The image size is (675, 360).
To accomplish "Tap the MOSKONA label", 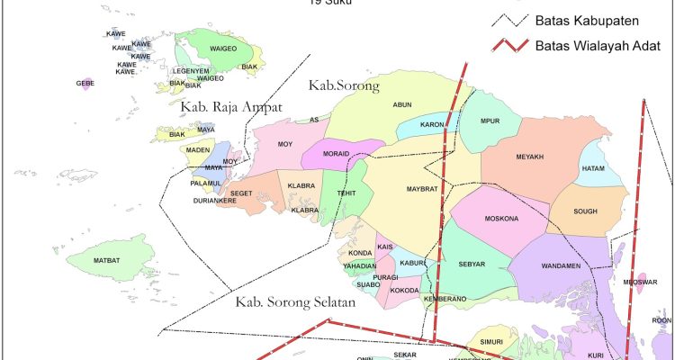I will (501, 219).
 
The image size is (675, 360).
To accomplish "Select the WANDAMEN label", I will (561, 267).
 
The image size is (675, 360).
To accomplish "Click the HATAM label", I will (594, 167).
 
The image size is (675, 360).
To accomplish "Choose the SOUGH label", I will (585, 211).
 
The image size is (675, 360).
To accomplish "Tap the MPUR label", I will (490, 121).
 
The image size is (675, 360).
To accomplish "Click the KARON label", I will (433, 125).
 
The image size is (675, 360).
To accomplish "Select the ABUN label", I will (401, 104).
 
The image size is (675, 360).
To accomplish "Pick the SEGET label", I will (241, 193).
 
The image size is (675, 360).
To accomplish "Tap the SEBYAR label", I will (472, 265).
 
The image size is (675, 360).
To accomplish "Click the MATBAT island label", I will (106, 261).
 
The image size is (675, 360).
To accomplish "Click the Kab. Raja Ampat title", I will (231, 107).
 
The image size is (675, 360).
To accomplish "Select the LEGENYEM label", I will (191, 70).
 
